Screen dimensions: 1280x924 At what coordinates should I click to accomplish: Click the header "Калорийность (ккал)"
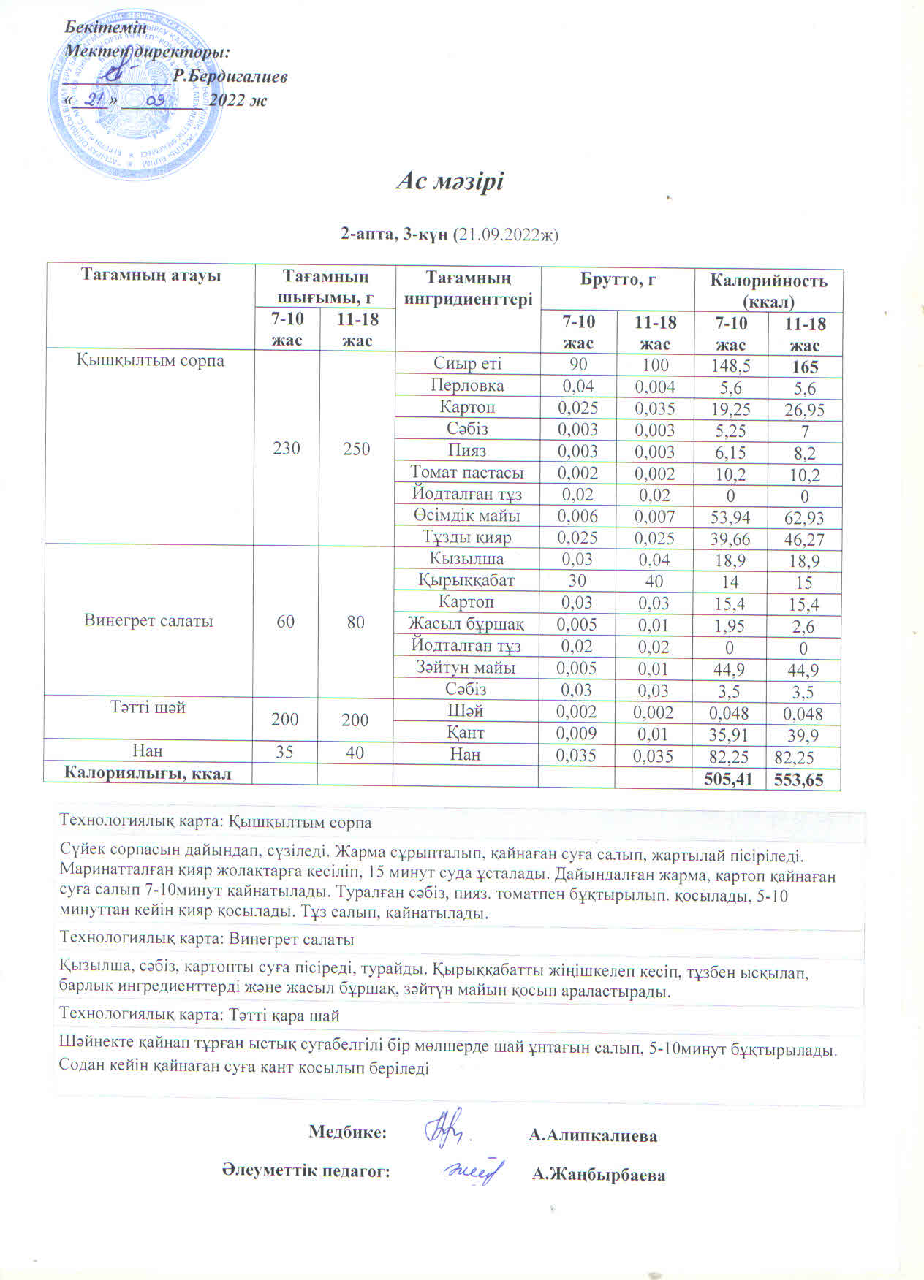click(768, 290)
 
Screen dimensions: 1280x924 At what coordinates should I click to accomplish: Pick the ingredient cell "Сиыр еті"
click(467, 364)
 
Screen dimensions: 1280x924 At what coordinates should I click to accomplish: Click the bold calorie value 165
click(804, 367)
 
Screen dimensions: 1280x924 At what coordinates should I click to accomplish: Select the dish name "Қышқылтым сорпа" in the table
click(151, 361)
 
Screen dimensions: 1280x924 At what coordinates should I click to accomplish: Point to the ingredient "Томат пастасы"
click(466, 472)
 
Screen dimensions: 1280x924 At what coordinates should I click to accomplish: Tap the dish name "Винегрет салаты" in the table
click(148, 621)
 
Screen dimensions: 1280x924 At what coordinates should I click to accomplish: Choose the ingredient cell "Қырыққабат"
click(466, 581)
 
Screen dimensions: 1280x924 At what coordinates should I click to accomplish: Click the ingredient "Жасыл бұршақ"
click(466, 624)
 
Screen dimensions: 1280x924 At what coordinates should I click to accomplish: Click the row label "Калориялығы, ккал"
click(148, 773)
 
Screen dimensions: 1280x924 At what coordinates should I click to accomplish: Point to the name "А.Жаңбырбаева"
click(599, 1175)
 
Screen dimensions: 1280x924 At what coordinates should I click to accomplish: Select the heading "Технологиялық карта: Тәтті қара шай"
click(200, 1016)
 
